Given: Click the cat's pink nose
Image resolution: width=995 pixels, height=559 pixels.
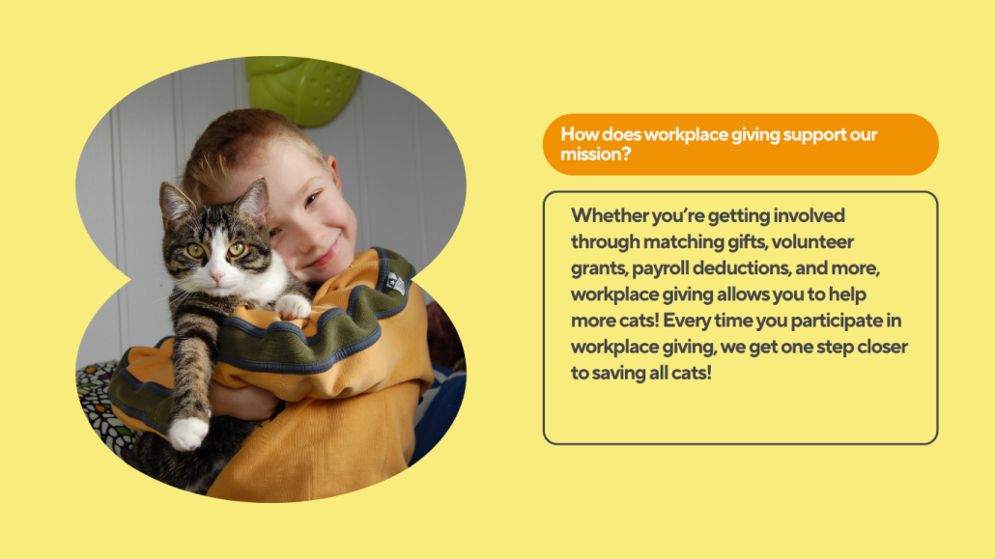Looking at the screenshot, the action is pos(216,277).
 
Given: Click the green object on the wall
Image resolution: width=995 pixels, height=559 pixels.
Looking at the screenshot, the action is pos(302,89).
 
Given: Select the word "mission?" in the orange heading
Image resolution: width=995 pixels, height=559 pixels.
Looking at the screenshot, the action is pos(595,154).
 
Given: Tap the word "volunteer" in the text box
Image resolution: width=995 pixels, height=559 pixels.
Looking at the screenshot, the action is pos(812,241).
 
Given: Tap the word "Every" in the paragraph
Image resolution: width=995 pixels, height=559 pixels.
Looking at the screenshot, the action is pos(686,321).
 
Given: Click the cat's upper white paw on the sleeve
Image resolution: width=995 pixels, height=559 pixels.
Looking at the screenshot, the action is pos(293,306).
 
